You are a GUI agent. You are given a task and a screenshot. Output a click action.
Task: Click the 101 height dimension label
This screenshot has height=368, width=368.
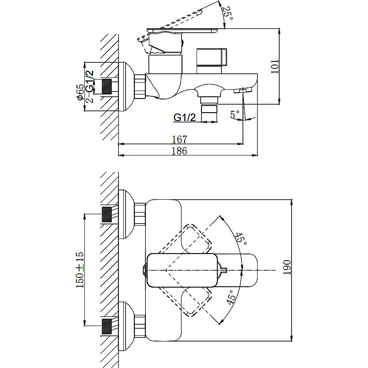click(x=275, y=66)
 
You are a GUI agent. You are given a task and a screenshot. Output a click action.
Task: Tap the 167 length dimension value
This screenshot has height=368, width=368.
click(x=179, y=139)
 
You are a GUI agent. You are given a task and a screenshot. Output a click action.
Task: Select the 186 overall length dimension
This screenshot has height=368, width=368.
click(x=179, y=151)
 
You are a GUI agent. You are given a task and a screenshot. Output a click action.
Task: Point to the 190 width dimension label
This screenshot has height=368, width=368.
click(x=287, y=268)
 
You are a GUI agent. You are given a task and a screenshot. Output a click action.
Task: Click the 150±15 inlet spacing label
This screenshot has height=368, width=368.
click(x=80, y=270)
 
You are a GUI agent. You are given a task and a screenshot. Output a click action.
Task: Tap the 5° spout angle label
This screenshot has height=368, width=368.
click(x=235, y=115)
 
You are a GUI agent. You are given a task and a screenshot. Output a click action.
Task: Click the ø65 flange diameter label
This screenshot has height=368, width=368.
click(x=80, y=92)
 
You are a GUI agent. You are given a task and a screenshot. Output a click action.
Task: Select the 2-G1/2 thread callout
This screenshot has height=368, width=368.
click(x=89, y=87)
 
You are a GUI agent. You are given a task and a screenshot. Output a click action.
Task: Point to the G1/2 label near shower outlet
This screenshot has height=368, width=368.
click(x=185, y=117)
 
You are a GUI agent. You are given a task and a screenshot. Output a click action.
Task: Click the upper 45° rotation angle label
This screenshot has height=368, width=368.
click(x=241, y=239)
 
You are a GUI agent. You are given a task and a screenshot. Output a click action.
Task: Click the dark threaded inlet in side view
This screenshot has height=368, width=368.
click(x=107, y=87)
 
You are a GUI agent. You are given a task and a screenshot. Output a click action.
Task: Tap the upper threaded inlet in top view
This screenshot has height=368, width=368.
click(x=107, y=215)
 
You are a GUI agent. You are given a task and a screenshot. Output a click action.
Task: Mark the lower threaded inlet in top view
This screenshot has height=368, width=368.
click(x=107, y=326)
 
